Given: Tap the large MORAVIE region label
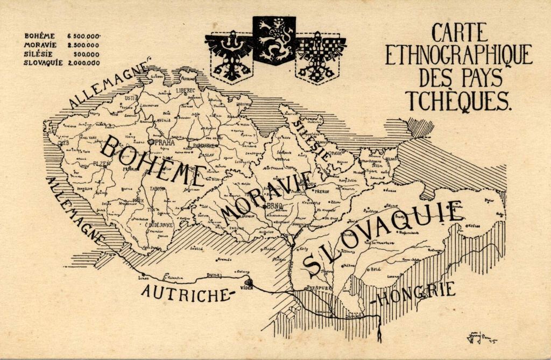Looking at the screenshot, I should pos(266,194).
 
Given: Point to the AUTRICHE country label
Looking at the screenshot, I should pos(186,293).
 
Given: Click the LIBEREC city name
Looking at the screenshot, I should pos(185,91).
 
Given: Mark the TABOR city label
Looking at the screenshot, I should pos(158,188).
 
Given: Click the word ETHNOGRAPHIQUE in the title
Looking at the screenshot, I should pos(458,55).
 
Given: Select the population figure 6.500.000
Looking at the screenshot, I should pos(83,36).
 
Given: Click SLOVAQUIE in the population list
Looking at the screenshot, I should pos(43,62).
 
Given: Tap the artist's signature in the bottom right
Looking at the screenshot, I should pos(481,337).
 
